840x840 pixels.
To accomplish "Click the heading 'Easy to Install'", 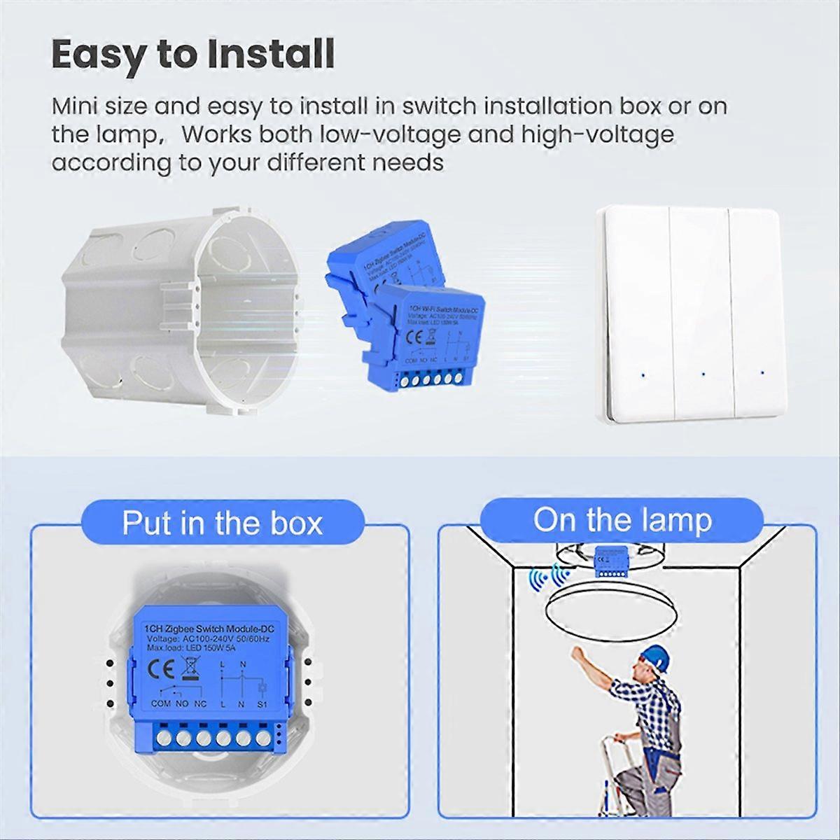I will click(193, 55).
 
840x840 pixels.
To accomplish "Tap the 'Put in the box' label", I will click(223, 523).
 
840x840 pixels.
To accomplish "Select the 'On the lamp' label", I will click(622, 520).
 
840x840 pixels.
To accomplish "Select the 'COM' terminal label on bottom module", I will click(161, 703).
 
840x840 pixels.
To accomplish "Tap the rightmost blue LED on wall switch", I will click(760, 371).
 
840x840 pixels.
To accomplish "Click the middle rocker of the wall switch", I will click(701, 315).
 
